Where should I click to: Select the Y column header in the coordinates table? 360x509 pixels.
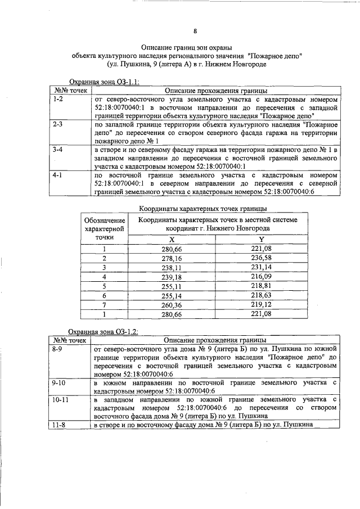click(x=260, y=239)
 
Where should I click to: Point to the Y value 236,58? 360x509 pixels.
click(x=261, y=258)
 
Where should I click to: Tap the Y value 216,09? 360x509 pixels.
click(x=261, y=276)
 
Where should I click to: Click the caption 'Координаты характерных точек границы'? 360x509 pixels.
click(x=195, y=208)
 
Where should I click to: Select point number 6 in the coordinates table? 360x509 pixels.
click(x=104, y=295)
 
